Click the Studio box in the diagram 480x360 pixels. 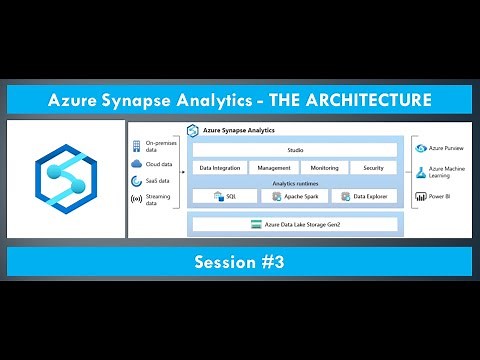295,150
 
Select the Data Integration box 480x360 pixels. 219,168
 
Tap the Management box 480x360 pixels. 272,168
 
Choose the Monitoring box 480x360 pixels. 324,168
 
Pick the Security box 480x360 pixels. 374,168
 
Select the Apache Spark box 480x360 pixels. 295,197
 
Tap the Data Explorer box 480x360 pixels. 364,197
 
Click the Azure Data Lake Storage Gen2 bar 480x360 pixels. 295,225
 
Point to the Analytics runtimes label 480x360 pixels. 295,182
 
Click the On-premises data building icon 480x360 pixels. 137,146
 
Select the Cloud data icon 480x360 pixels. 137,164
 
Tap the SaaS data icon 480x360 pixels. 137,181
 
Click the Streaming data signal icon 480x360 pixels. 137,200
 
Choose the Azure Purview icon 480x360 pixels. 420,148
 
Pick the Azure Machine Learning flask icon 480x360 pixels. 420,172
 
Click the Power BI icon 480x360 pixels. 420,197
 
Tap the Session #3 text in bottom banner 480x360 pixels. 240,261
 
